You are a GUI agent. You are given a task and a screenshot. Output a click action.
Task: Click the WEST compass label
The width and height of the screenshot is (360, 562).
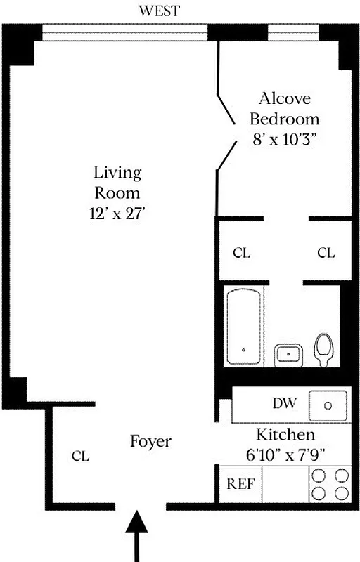tap(159, 11)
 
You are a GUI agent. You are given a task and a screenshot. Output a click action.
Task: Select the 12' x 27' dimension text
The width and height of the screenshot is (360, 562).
tap(117, 214)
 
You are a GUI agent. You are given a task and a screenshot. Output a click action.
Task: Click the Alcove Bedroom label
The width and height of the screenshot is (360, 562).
tap(284, 108)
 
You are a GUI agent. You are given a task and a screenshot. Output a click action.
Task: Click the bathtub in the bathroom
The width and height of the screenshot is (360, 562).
tap(244, 326)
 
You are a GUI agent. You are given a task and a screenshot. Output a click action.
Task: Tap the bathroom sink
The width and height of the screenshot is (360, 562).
tap(288, 355)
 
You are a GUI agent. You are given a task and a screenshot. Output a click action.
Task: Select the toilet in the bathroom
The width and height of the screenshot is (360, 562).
tap(324, 349)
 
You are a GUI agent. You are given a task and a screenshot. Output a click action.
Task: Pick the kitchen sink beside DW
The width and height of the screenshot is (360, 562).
tap(328, 405)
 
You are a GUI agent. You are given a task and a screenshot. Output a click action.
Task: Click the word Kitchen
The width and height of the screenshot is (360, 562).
tap(285, 434)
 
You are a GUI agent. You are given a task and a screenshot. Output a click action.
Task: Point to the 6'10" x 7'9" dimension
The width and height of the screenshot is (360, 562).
tap(285, 453)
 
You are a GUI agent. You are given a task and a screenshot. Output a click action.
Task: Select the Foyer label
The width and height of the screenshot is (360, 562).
tap(150, 441)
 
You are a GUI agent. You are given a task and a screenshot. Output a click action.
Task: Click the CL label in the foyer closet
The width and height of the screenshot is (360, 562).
tap(80, 456)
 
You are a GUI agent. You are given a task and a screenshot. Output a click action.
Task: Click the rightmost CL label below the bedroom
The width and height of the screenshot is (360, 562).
tap(326, 253)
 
